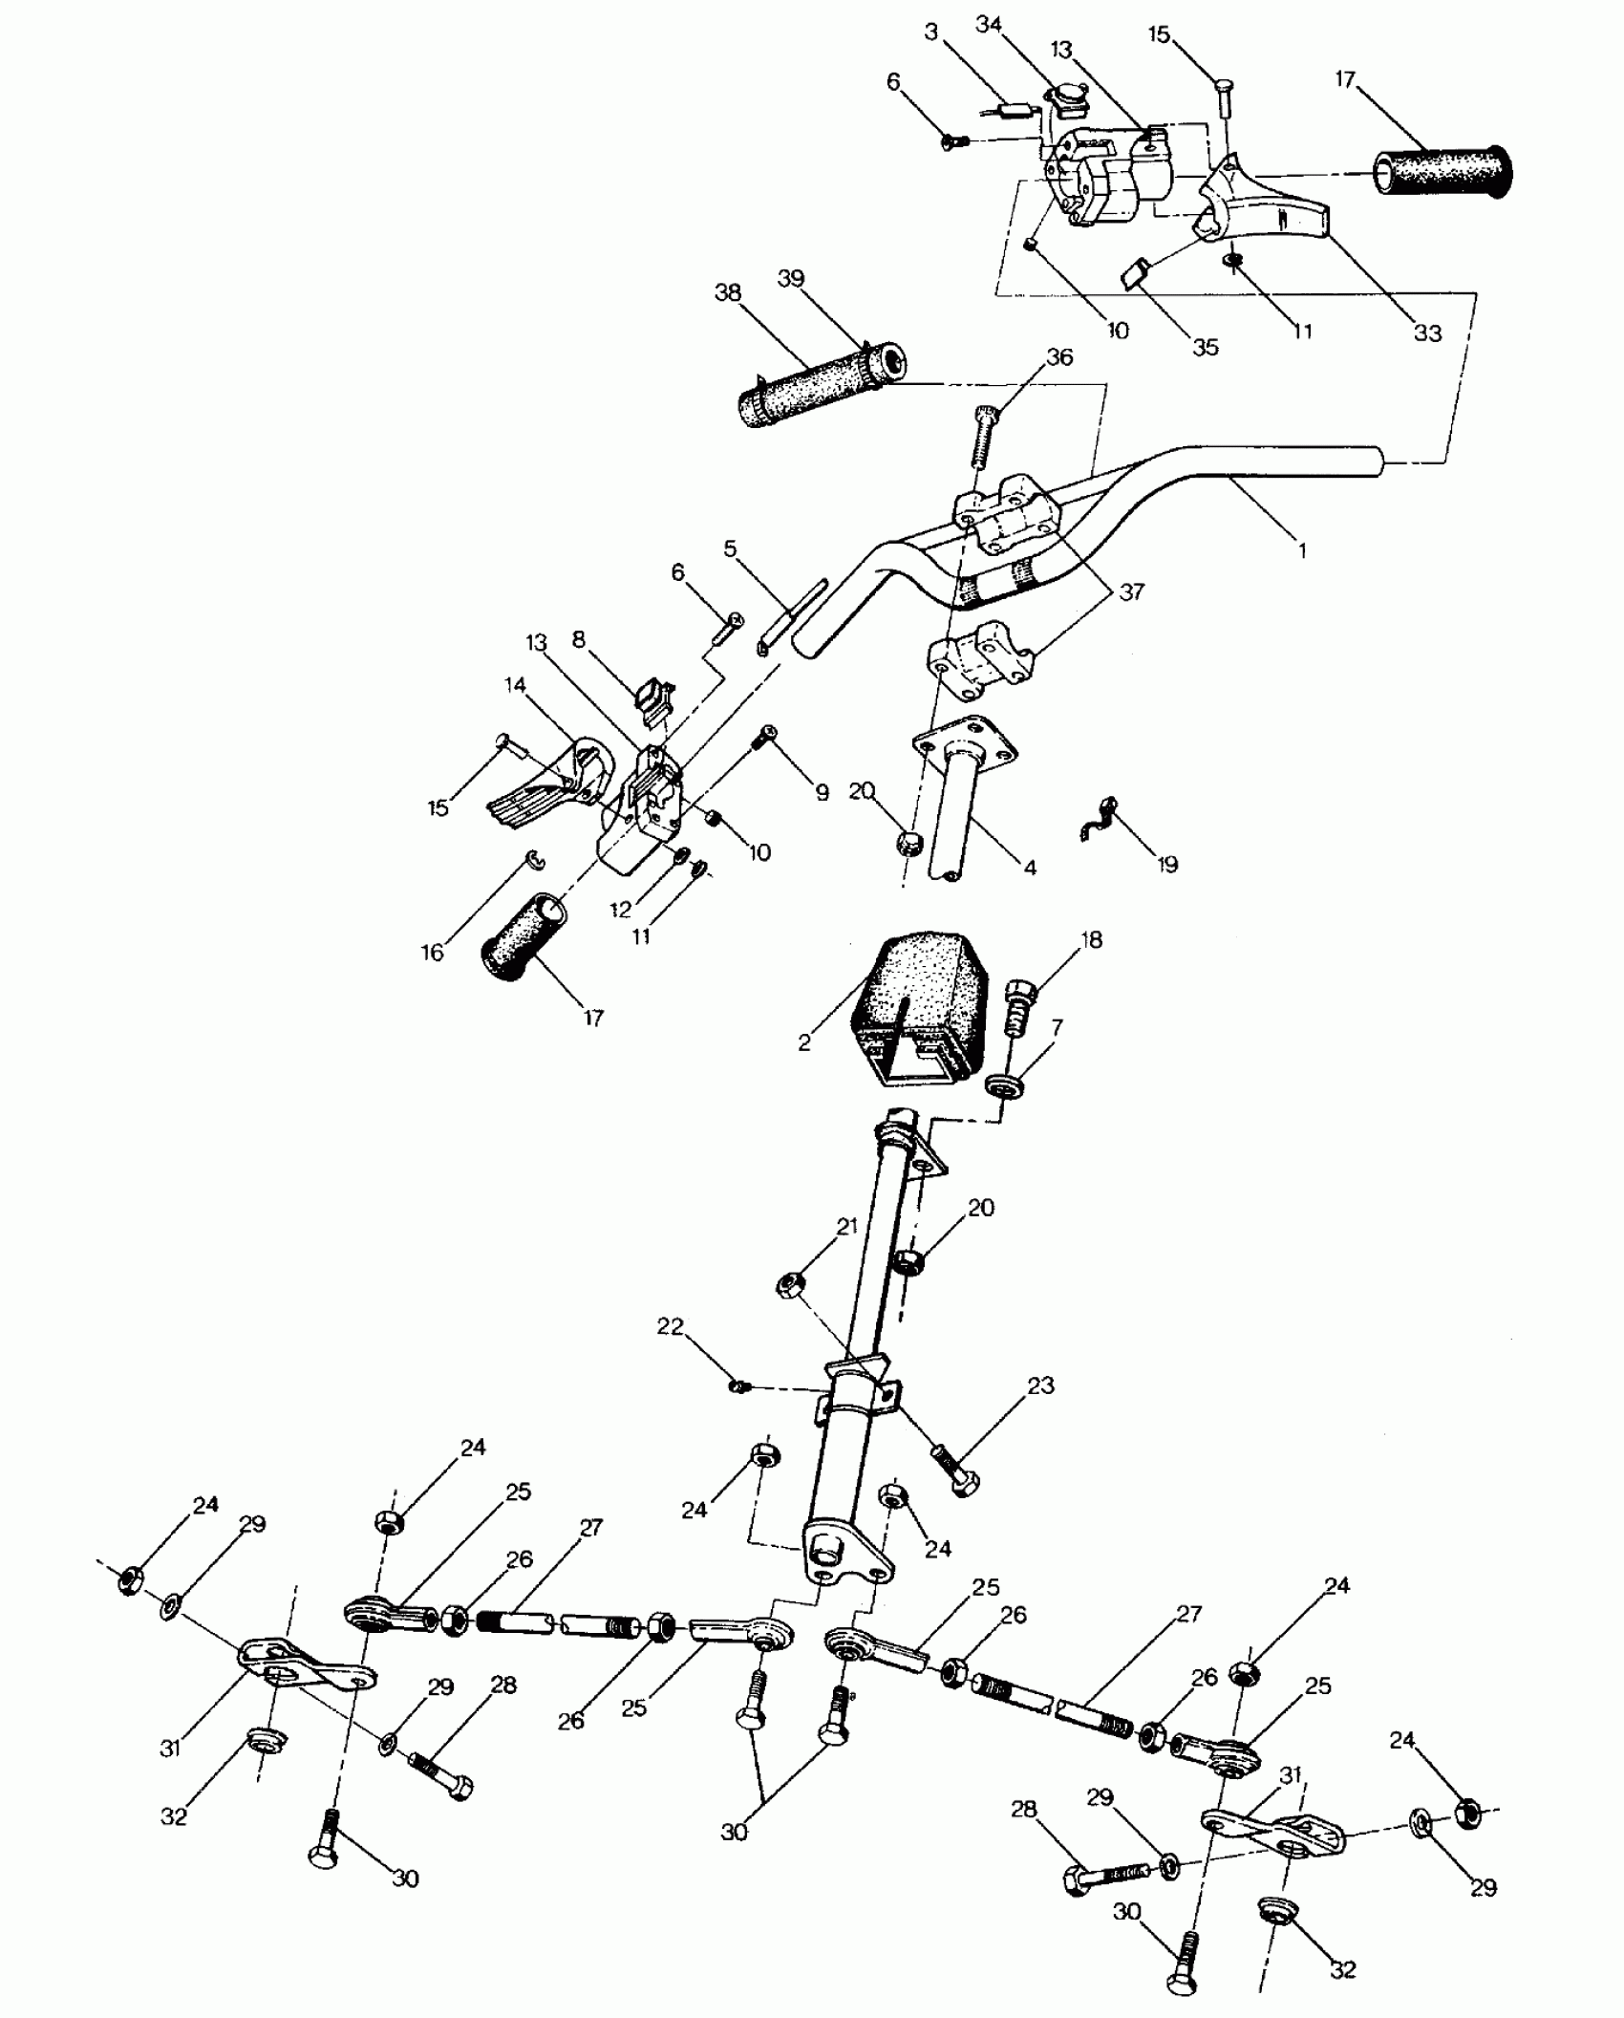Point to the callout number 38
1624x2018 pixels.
point(728,292)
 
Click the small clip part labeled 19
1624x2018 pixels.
point(1098,820)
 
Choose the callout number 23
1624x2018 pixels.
point(1040,1385)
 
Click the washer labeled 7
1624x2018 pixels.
point(1004,1086)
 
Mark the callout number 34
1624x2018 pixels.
point(988,25)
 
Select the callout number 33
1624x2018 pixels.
point(1427,333)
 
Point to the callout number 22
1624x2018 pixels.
point(671,1327)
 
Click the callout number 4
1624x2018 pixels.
point(1029,867)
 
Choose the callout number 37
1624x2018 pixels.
point(1131,592)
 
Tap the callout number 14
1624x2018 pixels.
point(516,684)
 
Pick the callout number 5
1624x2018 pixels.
point(731,548)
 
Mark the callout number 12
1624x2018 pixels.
point(622,909)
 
